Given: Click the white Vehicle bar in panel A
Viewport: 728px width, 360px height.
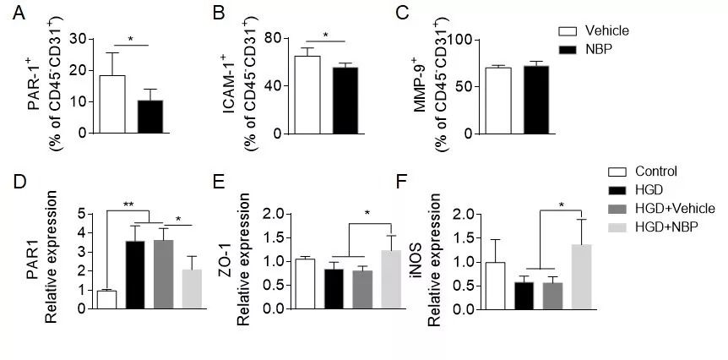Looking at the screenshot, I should pyautogui.click(x=112, y=104).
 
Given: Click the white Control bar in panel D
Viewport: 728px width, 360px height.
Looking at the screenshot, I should pyautogui.click(x=106, y=299).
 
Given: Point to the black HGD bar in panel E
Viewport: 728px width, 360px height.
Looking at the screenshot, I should pyautogui.click(x=334, y=288).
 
